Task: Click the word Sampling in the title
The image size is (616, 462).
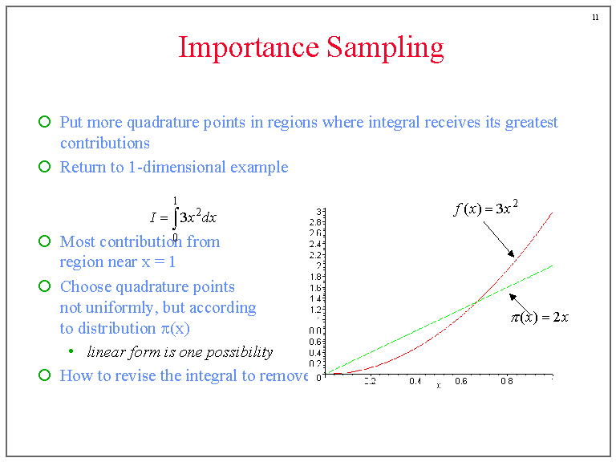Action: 385,48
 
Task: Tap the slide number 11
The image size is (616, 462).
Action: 595,17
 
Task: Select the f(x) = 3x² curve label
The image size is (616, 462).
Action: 485,209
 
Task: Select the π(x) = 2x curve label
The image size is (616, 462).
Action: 540,317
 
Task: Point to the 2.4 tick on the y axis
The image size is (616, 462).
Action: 318,244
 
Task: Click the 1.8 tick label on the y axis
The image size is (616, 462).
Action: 318,277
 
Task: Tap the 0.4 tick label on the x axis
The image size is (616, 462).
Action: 415,382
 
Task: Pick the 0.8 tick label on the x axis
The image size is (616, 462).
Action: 507,382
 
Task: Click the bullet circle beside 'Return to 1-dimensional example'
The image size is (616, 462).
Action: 45,167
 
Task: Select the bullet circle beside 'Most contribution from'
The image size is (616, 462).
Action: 45,241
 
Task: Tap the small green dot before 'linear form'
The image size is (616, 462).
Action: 71,351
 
